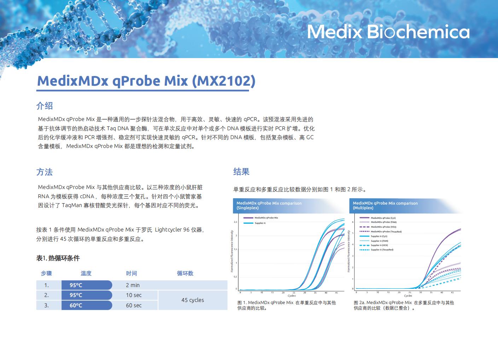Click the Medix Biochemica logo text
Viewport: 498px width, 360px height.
coord(388,32)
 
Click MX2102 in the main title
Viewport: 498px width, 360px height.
coord(224,81)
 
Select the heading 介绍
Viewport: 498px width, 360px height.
coord(45,105)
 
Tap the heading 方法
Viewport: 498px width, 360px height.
coord(45,172)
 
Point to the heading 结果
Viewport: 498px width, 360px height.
coord(241,172)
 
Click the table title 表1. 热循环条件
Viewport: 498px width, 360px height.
coord(58,258)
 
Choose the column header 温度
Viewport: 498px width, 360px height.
coord(86,273)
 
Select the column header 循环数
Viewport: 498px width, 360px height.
coord(185,273)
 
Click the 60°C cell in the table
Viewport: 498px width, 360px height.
coord(76,305)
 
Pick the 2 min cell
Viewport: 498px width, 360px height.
coord(133,285)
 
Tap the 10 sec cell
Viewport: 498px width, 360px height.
coord(134,295)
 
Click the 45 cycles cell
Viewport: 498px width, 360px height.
coord(192,300)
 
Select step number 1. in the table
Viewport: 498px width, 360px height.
coord(46,285)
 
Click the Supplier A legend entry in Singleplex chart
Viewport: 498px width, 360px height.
coord(260,223)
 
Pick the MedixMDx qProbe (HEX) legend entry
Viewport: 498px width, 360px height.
coord(383,227)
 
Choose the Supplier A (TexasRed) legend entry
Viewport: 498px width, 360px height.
coord(382,250)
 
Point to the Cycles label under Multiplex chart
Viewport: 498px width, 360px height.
coord(408,296)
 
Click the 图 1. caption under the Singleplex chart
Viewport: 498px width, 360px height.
coord(286,305)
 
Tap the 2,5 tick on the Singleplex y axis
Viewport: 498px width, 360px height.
coord(236,222)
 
